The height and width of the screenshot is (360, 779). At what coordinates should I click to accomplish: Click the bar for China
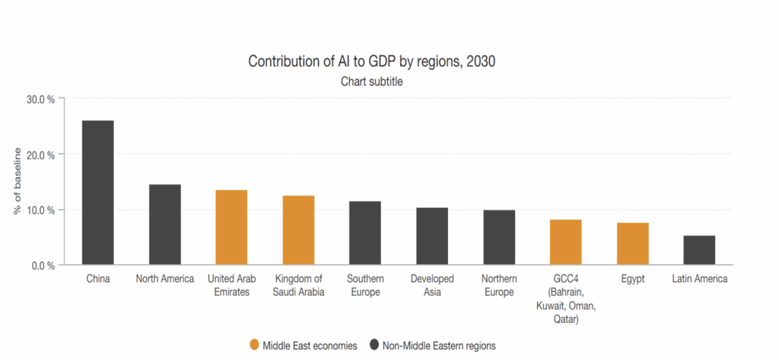98,193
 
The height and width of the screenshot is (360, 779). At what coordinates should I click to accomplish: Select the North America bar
164,225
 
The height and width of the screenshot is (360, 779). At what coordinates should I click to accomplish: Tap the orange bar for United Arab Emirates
231,227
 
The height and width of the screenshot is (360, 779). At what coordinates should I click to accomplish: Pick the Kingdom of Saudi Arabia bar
298,230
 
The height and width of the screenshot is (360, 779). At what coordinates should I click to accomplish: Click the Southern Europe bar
365,233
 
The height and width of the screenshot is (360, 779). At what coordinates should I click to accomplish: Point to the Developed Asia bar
432,236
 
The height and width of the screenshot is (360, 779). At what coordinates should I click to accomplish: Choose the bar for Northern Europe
498,237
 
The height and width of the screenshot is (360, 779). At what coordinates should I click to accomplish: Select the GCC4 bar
565,242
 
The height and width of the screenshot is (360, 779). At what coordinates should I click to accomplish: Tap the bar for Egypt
632,244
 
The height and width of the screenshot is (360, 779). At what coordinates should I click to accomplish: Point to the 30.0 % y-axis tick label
40,99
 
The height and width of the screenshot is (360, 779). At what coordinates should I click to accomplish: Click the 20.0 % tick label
40,155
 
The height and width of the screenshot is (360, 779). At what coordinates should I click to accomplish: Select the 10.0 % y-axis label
40,210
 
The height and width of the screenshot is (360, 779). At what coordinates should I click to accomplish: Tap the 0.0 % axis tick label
43,266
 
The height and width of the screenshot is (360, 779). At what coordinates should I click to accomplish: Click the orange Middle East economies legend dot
254,345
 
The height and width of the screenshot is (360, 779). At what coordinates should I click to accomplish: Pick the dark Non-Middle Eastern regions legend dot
374,345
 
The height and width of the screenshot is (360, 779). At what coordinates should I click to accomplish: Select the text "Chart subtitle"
371,81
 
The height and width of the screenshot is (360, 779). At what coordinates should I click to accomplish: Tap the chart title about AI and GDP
371,61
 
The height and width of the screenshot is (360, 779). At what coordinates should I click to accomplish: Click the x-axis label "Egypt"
632,279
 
